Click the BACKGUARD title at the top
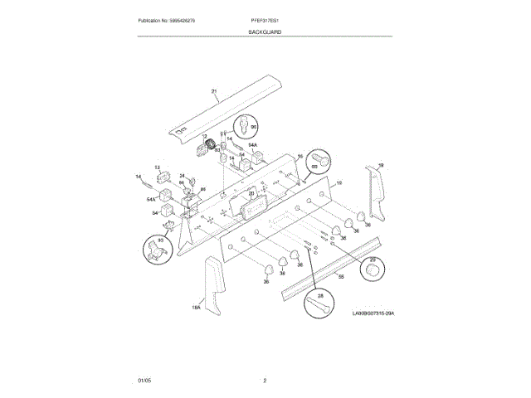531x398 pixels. point(265,32)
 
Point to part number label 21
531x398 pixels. point(213,91)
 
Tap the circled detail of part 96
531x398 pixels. point(246,125)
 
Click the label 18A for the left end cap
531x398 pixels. point(197,308)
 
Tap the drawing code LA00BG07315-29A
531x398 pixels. point(371,313)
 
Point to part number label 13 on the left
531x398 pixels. point(158,167)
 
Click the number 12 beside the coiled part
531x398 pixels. point(205,136)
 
